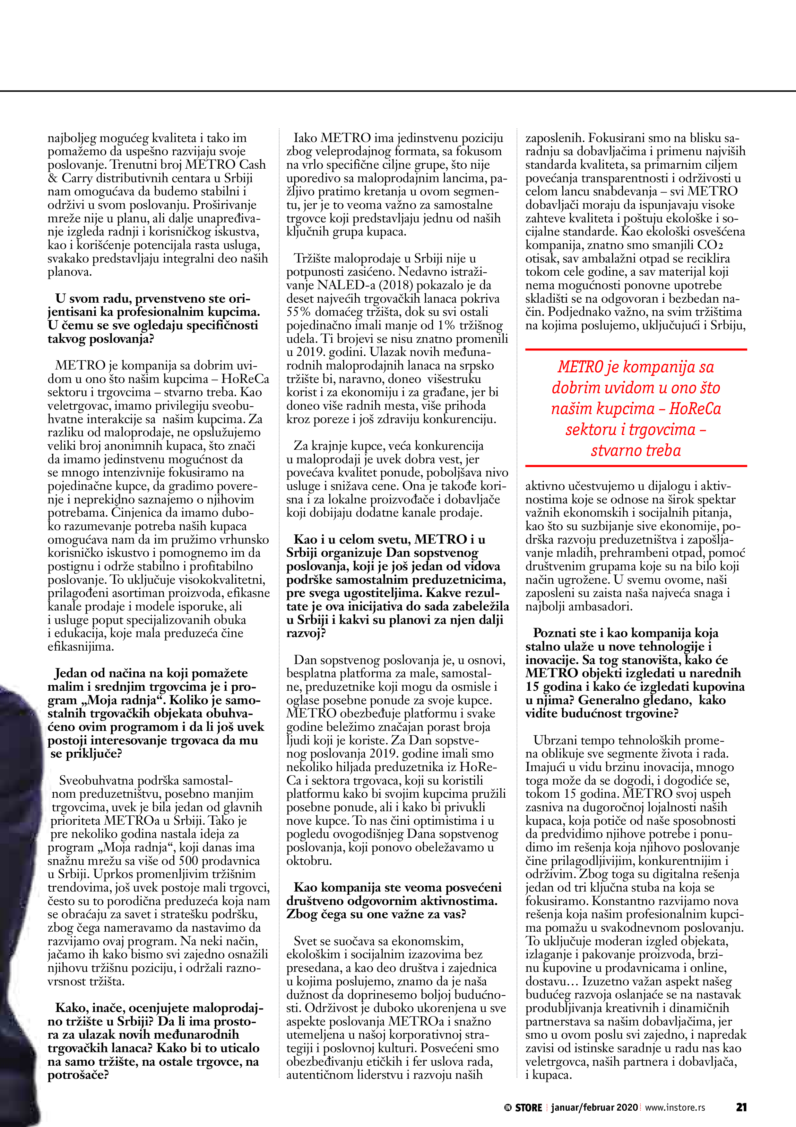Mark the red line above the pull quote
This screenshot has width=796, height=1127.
point(636,350)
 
